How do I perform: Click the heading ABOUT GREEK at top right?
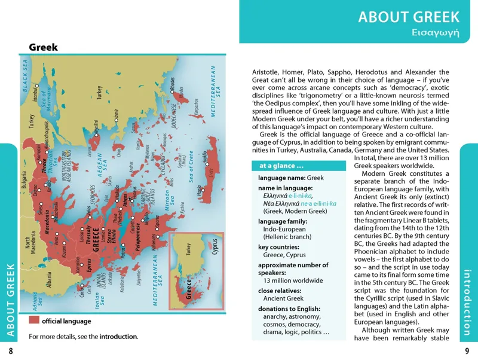point(409,16)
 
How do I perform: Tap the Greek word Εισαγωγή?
point(437,32)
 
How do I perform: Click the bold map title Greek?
point(43,47)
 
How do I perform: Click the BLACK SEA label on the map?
point(26,77)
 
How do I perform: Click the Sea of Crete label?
point(192,167)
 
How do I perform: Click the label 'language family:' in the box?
point(283,221)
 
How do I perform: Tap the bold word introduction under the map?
point(118,337)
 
